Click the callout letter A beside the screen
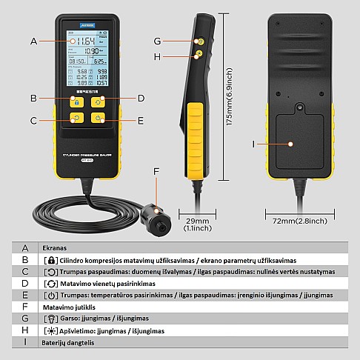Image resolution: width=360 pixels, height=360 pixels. click(33, 41)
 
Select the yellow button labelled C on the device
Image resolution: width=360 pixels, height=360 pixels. click(74, 118)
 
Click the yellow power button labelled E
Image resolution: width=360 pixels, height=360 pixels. click(99, 118)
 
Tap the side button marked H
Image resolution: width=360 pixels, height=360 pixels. click(199, 54)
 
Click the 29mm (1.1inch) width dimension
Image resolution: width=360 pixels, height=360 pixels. click(198, 224)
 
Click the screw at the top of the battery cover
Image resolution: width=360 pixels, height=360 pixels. click(299, 107)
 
